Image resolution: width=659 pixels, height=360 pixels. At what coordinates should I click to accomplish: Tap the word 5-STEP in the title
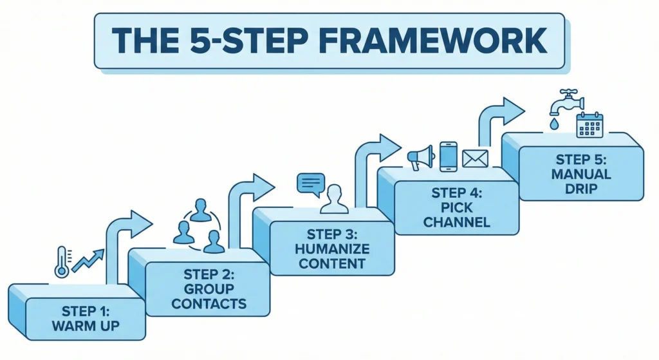249,41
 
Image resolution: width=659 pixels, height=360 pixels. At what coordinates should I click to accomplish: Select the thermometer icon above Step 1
62,261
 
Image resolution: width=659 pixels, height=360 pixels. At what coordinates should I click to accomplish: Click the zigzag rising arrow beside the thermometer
88,260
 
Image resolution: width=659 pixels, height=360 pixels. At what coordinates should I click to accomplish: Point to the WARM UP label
86,325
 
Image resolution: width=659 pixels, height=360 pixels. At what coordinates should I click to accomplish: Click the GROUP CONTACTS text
209,296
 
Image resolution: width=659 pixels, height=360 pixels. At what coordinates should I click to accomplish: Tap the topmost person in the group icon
201,210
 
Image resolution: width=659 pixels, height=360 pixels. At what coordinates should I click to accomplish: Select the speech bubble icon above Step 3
311,185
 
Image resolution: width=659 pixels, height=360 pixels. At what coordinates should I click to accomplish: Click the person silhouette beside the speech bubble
334,200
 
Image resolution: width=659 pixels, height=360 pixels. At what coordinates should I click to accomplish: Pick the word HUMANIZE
332,249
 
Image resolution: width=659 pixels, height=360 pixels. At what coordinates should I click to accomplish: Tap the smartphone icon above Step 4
449,156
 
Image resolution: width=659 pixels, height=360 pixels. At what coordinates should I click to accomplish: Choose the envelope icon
476,159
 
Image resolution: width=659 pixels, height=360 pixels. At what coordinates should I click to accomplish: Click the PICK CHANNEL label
456,214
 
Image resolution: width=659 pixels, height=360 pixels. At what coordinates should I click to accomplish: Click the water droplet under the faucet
555,124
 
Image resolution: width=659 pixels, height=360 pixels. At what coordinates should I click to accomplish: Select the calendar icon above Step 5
589,125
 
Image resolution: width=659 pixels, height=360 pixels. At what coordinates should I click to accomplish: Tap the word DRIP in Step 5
581,189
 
